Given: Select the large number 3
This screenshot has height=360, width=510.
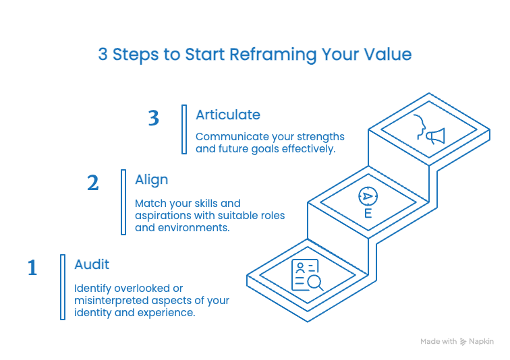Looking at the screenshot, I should tap(154, 119).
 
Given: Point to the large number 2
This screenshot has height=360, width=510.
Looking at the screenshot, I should tap(93, 183).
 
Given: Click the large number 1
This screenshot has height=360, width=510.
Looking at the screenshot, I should tap(32, 268).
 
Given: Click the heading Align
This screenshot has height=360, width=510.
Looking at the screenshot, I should tap(151, 179).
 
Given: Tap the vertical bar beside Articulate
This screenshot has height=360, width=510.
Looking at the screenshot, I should tap(184, 129).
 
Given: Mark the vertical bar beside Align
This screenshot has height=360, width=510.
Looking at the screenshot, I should tap(123, 202).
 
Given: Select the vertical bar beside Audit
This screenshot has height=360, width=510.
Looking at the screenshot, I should tap(63, 287).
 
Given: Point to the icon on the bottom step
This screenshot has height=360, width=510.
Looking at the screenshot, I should tap(306, 276).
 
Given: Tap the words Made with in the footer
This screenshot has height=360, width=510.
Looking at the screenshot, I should tap(438, 342).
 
